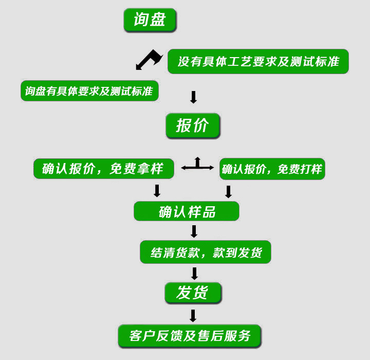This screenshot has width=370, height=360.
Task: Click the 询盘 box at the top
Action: (x=150, y=20)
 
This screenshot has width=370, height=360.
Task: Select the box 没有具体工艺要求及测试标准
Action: (x=258, y=62)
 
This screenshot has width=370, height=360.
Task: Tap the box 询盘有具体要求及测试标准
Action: (x=89, y=91)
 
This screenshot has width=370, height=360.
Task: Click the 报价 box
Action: (x=193, y=125)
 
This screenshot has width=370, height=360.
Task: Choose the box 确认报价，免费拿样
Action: (x=103, y=169)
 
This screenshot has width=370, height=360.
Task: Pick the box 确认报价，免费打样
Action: (x=272, y=169)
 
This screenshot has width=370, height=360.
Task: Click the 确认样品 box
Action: (x=187, y=211)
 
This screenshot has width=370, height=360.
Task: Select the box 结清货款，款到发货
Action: (x=205, y=253)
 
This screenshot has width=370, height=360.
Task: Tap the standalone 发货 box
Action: (x=193, y=293)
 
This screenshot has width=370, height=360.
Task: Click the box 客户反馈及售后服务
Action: (x=190, y=336)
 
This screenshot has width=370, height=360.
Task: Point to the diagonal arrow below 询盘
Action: (x=148, y=59)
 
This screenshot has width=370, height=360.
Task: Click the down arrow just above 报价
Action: (x=193, y=97)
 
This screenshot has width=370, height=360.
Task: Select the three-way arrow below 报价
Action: (x=197, y=165)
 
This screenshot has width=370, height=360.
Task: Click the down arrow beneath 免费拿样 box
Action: (x=157, y=191)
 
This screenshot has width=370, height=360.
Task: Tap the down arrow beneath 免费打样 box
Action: (x=229, y=191)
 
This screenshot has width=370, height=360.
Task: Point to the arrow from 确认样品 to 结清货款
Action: (x=194, y=231)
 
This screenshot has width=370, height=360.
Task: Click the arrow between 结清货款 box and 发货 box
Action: (x=194, y=273)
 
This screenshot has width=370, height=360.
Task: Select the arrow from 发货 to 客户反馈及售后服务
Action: (x=193, y=315)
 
